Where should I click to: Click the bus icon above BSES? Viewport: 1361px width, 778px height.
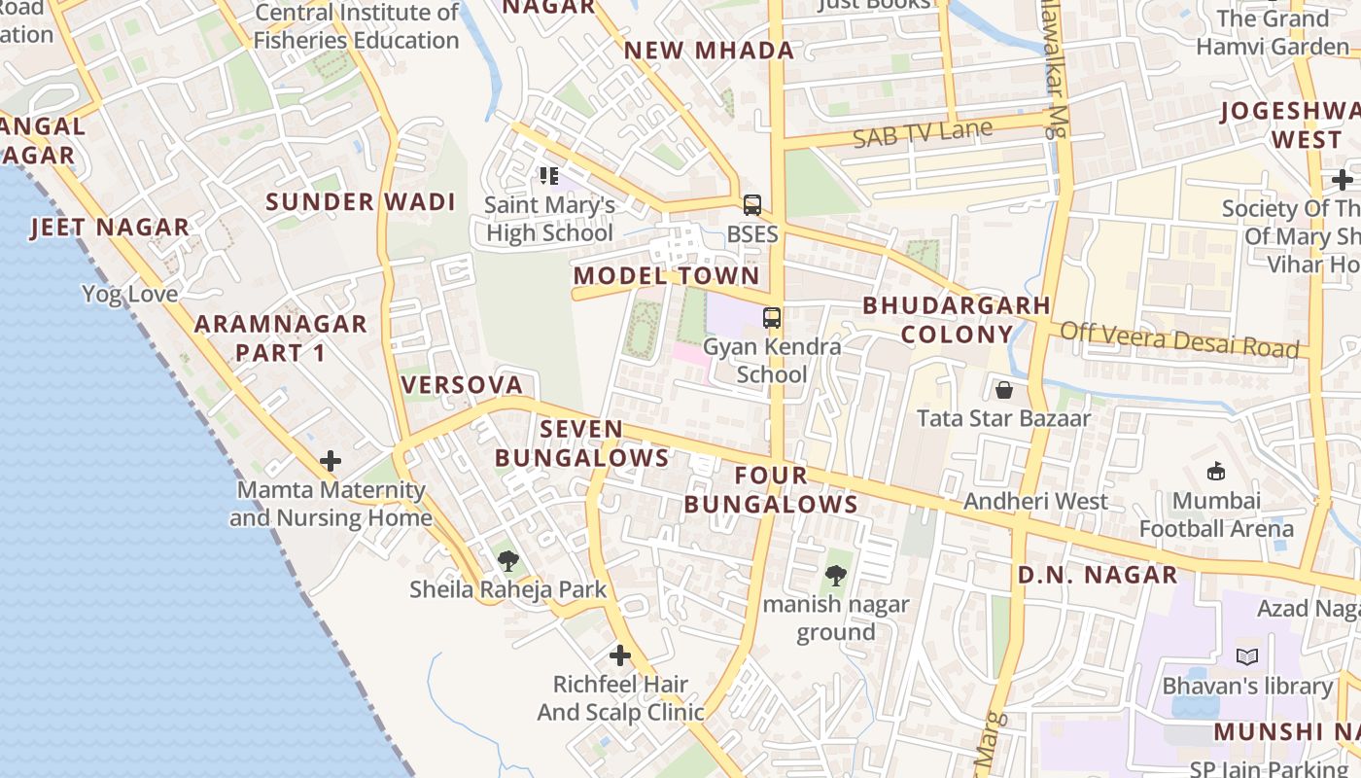tap(752, 205)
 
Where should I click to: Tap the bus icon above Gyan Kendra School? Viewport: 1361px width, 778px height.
tap(772, 318)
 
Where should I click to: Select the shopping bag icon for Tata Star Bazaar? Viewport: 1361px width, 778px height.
tap(1004, 390)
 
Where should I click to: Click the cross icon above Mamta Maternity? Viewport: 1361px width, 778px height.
tap(331, 461)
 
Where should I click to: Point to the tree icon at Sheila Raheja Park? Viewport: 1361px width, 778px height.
tap(507, 561)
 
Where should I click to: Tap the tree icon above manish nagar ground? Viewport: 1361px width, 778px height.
tap(835, 576)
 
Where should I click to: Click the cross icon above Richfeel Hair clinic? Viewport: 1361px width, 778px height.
tap(620, 655)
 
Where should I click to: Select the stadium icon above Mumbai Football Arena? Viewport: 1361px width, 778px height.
tap(1215, 472)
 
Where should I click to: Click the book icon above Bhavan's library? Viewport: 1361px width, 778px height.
tap(1247, 657)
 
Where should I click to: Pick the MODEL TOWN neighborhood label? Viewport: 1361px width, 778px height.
tap(666, 276)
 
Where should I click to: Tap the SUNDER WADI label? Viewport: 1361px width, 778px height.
tap(361, 202)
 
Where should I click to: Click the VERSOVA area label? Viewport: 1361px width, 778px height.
tap(463, 385)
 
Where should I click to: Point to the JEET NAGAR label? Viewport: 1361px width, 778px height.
tap(110, 228)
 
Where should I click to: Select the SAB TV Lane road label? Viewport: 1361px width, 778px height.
tap(923, 133)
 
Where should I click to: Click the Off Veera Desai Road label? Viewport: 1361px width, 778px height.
tap(1179, 340)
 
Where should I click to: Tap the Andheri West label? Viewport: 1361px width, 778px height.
tap(1035, 502)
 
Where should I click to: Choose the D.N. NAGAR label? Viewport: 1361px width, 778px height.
tap(1098, 575)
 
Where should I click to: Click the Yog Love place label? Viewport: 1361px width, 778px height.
tap(129, 294)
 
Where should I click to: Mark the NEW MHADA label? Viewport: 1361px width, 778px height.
tap(709, 52)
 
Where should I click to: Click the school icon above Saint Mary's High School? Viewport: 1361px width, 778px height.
tap(549, 176)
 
